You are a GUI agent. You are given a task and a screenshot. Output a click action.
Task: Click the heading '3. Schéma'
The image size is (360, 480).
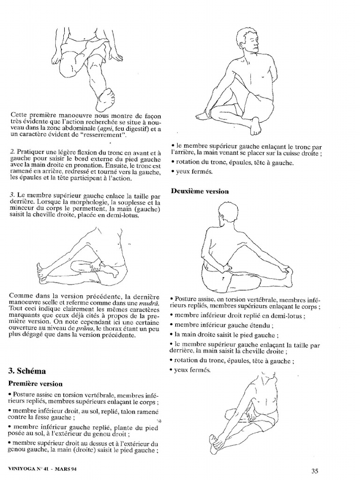(27, 371)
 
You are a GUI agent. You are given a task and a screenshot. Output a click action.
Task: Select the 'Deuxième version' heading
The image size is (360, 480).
(200, 191)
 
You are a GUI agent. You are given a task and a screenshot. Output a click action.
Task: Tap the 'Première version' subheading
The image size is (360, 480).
(35, 383)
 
